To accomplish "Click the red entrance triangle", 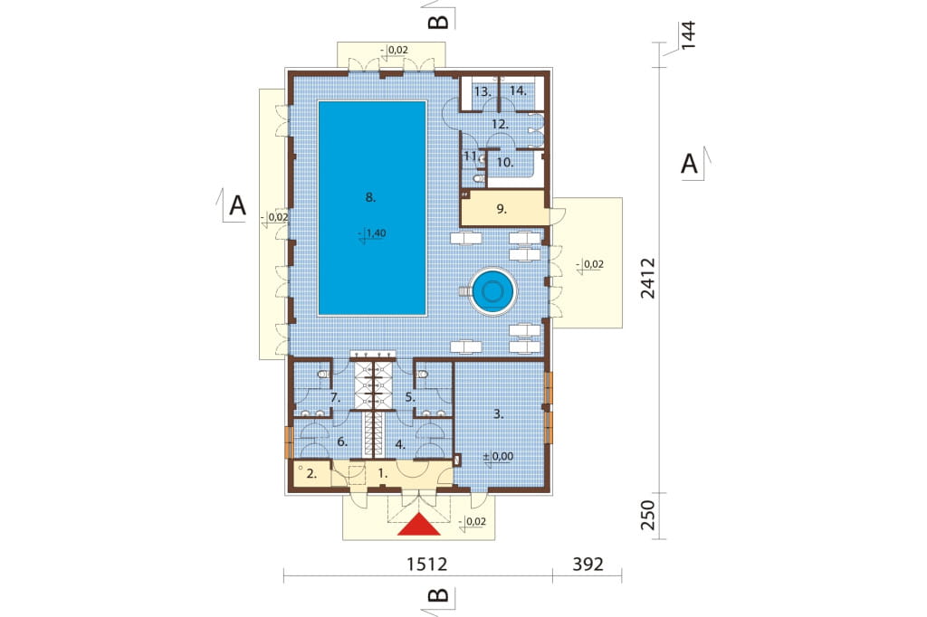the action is click(418, 525).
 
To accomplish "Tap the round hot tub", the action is click(492, 290).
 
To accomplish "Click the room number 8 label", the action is click(370, 197).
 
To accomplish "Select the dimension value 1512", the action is click(427, 565).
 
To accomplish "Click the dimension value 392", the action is click(588, 565).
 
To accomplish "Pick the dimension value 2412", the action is click(648, 278).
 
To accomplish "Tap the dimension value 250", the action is click(648, 516).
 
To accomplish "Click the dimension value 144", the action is click(688, 35).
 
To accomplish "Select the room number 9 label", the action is click(502, 209).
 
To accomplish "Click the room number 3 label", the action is click(499, 414).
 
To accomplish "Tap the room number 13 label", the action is click(483, 91).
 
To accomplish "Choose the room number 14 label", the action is click(518, 91).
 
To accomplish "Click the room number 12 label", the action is click(500, 124).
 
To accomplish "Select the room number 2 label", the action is click(311, 473).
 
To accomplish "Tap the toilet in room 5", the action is click(422, 375).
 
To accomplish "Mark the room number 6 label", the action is click(341, 442).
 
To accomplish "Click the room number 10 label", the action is click(505, 162).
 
